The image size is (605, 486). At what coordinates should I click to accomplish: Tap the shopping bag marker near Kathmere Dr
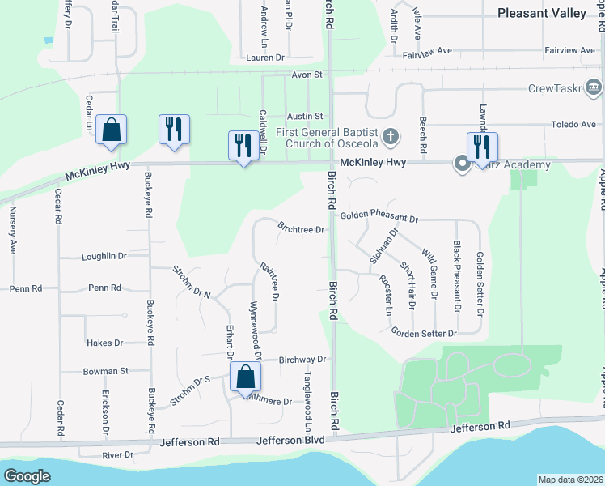coord(245,377)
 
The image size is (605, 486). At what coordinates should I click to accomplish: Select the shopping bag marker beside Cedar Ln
coord(111,130)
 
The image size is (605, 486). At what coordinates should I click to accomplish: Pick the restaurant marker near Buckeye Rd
coord(174,130)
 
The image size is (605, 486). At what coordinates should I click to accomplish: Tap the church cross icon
coord(390,136)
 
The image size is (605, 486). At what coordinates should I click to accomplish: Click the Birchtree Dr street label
coord(301,229)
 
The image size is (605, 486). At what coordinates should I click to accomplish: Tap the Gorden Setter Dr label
coord(424,333)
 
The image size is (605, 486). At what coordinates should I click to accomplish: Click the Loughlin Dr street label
coord(104,257)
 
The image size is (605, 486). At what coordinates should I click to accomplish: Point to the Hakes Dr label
coord(104,343)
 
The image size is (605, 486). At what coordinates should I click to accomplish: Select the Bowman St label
coord(106,372)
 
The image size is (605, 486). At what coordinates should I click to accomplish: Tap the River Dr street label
coord(117,455)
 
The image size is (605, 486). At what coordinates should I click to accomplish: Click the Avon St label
coord(307,75)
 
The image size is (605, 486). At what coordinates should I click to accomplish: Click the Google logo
coord(27,476)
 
